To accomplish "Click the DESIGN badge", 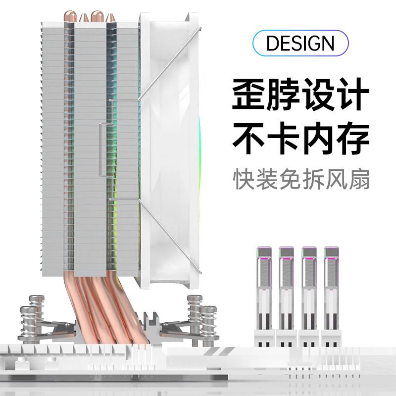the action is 300,44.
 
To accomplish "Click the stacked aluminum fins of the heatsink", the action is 54,148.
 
